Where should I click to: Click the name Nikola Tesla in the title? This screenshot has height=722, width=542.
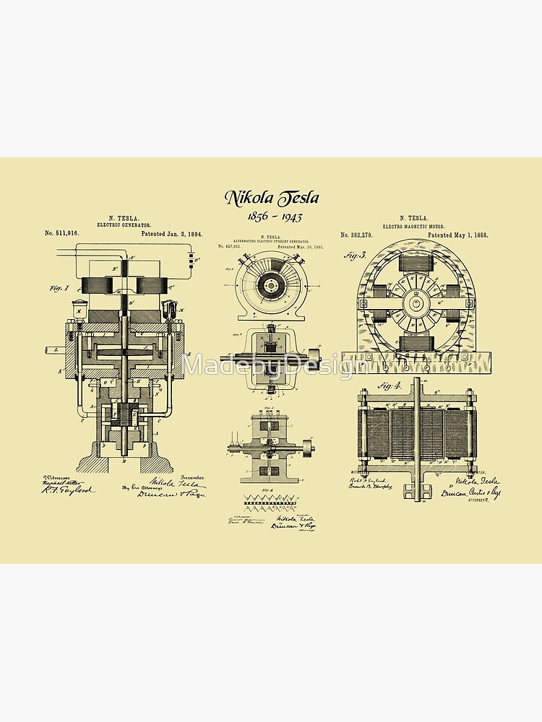tap(271, 197)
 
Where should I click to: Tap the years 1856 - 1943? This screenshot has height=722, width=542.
tap(272, 217)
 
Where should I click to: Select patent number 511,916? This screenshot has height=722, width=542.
tap(62, 234)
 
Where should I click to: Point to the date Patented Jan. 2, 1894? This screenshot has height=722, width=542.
tap(172, 234)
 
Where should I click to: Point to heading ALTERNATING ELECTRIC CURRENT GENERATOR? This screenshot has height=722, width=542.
tap(270, 240)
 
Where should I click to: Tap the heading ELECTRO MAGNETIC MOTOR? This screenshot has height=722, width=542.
tap(414, 225)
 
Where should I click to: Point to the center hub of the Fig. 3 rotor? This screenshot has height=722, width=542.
tap(416, 303)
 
